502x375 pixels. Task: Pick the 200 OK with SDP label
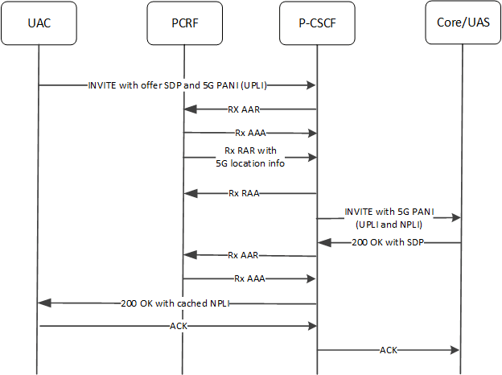pyautogui.click(x=389, y=242)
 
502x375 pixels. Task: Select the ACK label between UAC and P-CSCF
pyautogui.click(x=179, y=326)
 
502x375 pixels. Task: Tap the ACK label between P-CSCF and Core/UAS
pyautogui.click(x=389, y=351)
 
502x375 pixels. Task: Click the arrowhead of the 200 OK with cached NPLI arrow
pyautogui.click(x=44, y=303)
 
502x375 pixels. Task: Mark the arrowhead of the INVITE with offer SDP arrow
pyautogui.click(x=311, y=84)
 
